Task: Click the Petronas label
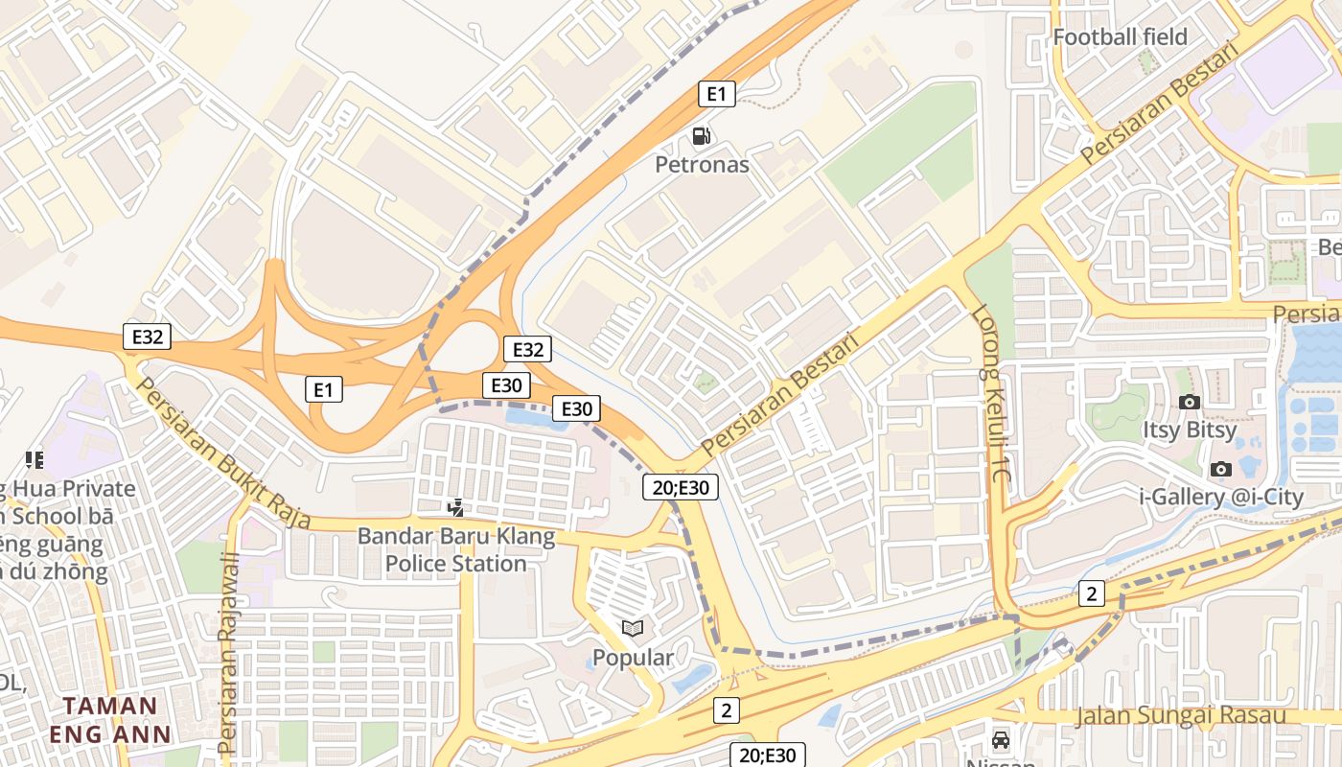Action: pos(702,165)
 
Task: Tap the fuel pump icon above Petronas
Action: pos(702,136)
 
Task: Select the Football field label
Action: pos(1120,37)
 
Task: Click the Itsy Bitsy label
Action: pos(1189,430)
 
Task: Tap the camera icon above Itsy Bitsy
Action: pos(1190,402)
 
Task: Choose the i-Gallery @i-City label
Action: pos(1221,497)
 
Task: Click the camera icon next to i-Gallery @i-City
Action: pos(1221,469)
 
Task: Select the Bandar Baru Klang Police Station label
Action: pos(456,549)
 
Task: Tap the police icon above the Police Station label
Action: pos(457,507)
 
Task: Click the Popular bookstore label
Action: pos(633,658)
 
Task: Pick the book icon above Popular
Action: pos(633,629)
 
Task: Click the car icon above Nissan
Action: pos(1001,740)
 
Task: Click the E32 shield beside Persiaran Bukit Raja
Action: pos(148,337)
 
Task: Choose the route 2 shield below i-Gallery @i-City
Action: pos(1091,594)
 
